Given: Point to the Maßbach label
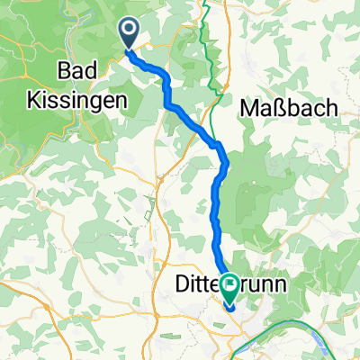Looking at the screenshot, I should [290, 107].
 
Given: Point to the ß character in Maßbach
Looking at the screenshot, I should [282, 107].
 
